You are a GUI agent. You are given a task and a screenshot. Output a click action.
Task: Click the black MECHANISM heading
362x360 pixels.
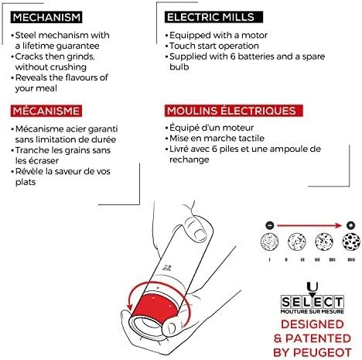click(x=46, y=17)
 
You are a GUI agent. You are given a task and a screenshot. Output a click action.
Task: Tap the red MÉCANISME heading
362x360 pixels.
click(x=46, y=111)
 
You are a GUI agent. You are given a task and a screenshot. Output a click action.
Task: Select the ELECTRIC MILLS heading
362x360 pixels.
click(x=213, y=17)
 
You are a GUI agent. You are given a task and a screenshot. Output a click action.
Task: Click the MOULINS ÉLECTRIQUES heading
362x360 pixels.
click(x=234, y=111)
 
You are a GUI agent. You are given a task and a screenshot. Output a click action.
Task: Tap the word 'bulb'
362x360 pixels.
click(x=179, y=67)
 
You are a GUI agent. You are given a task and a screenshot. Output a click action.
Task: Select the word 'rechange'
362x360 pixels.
click(x=190, y=159)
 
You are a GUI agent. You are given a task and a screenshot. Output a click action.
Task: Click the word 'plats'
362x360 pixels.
click(x=26, y=182)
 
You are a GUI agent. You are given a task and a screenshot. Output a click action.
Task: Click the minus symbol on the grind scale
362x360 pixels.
click(x=269, y=225)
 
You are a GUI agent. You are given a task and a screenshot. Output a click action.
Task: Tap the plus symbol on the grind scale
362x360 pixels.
click(x=350, y=225)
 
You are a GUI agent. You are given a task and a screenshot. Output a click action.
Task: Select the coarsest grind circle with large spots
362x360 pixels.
click(x=351, y=242)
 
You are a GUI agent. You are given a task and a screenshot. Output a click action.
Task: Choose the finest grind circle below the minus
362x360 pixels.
click(x=269, y=242)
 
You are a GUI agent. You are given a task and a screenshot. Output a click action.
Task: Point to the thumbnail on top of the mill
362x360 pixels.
click(x=199, y=235)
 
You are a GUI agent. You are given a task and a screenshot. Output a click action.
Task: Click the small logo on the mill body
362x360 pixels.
click(x=166, y=268)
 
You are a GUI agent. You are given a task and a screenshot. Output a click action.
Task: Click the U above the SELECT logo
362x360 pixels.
click(x=312, y=286)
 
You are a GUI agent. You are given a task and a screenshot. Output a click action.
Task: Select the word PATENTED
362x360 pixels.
click(x=319, y=338)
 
